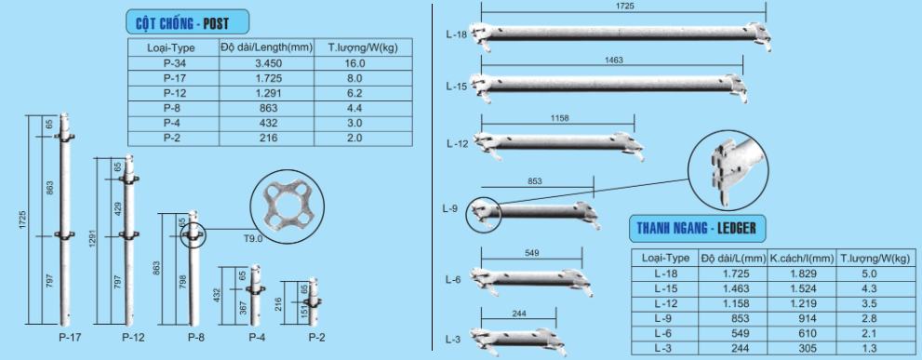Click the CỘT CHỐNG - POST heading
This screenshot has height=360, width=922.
point(182,24)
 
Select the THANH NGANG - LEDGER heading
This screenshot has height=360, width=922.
point(697,228)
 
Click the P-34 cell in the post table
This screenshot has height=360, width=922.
point(173,63)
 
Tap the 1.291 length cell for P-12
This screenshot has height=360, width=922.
point(269,93)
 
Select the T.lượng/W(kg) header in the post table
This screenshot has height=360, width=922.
point(364,47)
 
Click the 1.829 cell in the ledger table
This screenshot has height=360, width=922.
point(803,273)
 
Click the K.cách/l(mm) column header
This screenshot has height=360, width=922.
point(802,258)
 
